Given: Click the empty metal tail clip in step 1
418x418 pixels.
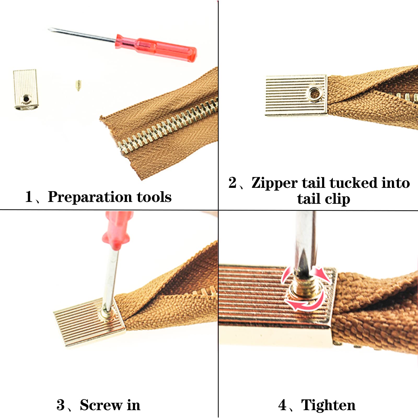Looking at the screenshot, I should pyautogui.click(x=25, y=89).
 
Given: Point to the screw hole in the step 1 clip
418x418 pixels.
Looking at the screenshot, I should pyautogui.click(x=26, y=99).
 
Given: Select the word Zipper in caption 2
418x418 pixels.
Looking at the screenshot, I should pyautogui.click(x=274, y=183).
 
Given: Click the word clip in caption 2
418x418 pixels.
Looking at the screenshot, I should pyautogui.click(x=338, y=199).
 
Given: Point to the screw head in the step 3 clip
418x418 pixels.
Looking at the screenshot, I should pyautogui.click(x=107, y=313).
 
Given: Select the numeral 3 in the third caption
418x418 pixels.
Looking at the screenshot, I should pyautogui.click(x=61, y=405).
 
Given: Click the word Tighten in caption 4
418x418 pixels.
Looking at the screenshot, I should pyautogui.click(x=328, y=405).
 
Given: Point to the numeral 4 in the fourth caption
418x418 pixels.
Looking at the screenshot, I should pyautogui.click(x=282, y=405).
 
